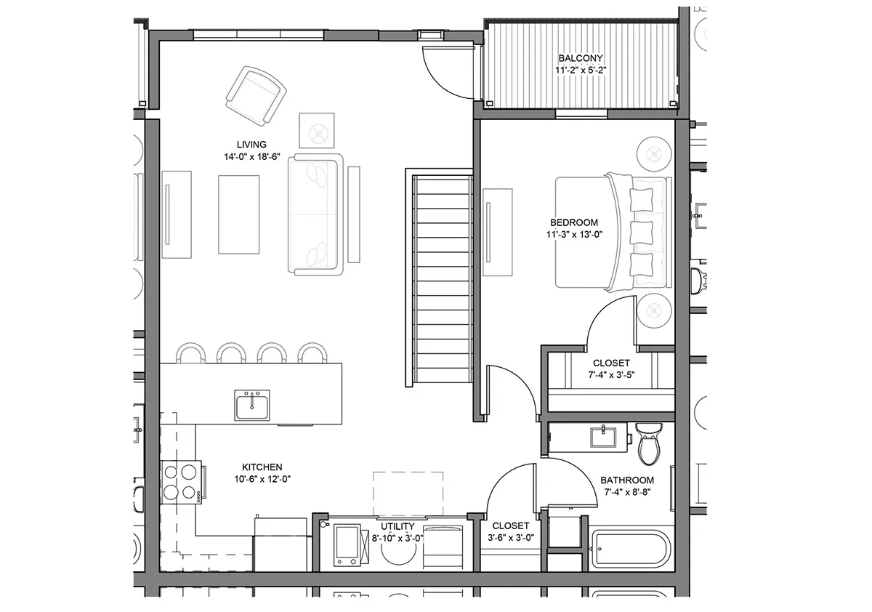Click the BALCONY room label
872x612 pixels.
tap(581, 58)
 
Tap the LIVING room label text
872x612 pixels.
tap(251, 145)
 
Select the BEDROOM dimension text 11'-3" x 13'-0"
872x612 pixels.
tap(574, 234)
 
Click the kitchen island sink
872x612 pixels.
tap(252, 406)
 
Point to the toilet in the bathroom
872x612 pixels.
tap(648, 444)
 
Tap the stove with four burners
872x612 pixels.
tap(182, 482)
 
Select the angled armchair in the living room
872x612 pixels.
tap(256, 96)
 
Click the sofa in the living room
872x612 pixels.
tap(315, 214)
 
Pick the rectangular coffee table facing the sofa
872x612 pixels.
tap(238, 214)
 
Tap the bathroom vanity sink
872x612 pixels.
tap(603, 438)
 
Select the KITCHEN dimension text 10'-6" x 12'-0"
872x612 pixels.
tap(262, 479)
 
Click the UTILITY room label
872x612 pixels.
tap(397, 526)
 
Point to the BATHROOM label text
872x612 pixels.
tap(627, 480)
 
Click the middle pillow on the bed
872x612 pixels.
tap(641, 233)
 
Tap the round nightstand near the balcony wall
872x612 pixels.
tap(654, 155)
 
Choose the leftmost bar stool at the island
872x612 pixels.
tap(190, 353)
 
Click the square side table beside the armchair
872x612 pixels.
tap(317, 130)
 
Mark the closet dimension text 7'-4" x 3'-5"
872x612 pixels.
tap(611, 374)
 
